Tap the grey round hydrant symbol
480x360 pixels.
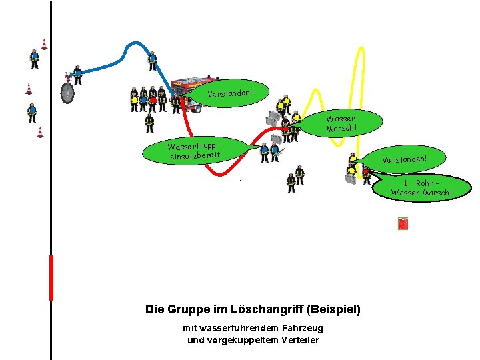pos(67,93)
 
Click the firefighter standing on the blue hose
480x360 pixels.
pos(152,61)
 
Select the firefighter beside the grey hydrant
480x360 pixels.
pos(78,75)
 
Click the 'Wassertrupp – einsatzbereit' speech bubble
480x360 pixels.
pos(194,150)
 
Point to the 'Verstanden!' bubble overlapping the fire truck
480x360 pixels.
pos(229,93)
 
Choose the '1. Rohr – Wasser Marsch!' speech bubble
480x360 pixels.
pos(422,187)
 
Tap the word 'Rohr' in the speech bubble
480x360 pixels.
pos(425,183)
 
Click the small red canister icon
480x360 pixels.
pos(403,224)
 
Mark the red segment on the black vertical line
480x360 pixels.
pos(51,277)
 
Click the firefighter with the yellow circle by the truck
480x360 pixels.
pos(134,99)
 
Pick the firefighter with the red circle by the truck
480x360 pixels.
pos(153,99)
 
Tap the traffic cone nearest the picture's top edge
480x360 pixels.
pos(44,44)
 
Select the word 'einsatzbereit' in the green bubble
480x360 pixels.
pos(194,155)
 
